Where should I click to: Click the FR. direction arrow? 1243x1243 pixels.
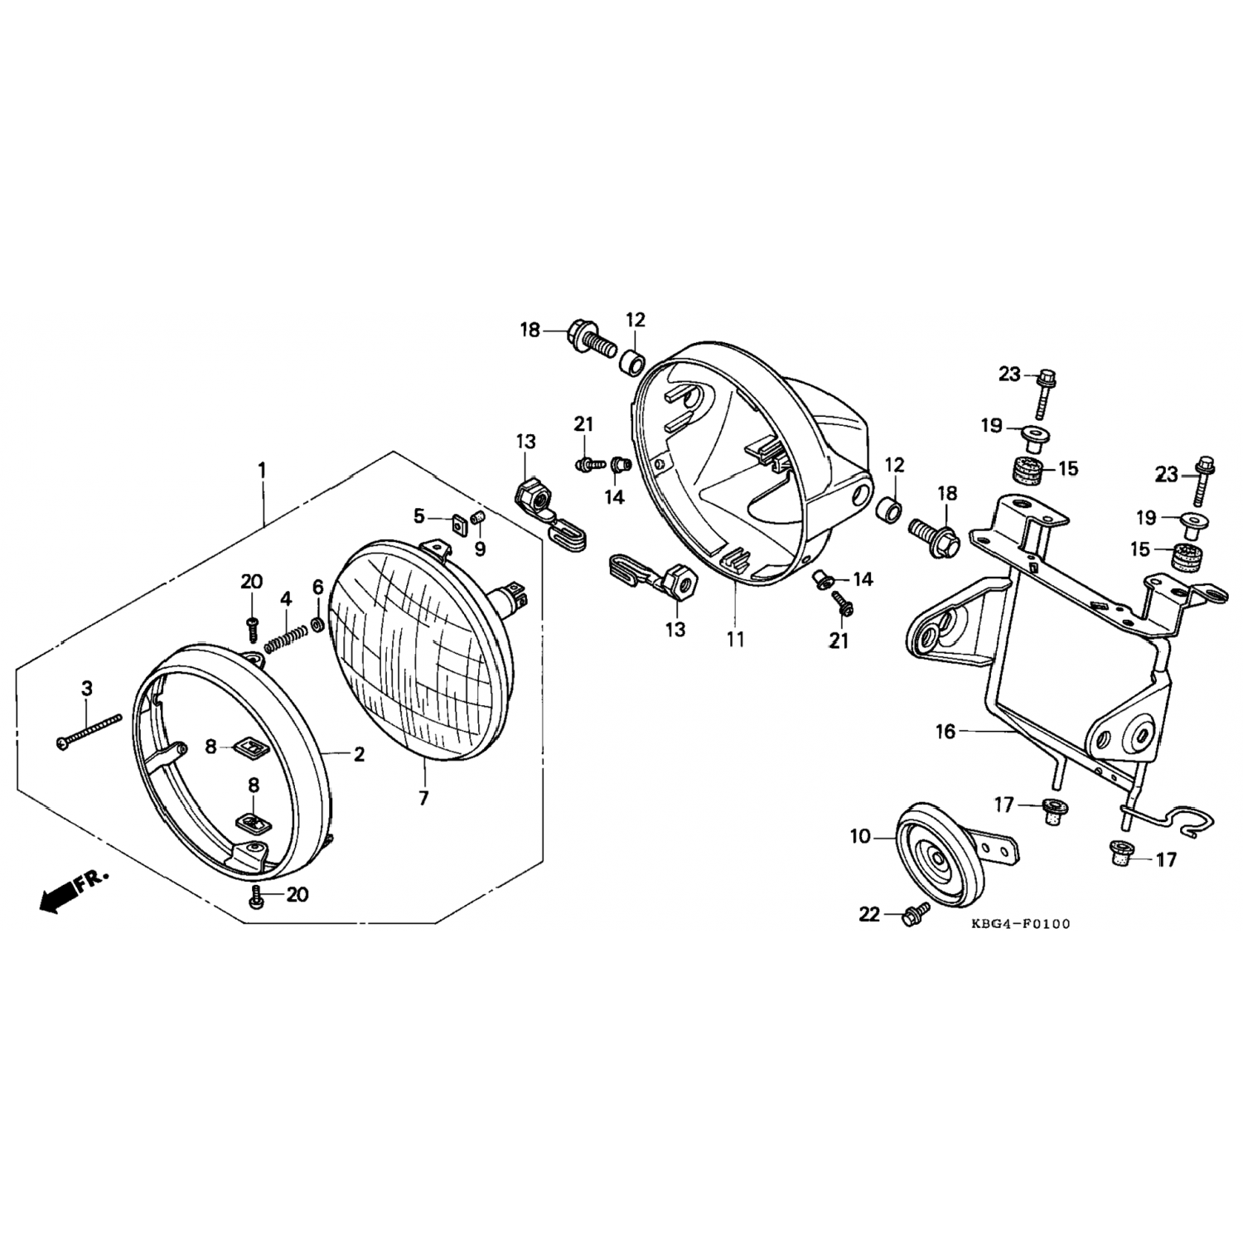[x=73, y=892]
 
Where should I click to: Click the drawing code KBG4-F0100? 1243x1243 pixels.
[x=1021, y=924]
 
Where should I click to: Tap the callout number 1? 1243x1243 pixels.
[x=263, y=471]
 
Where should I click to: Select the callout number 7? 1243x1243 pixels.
[x=423, y=798]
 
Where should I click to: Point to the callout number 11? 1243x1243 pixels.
[x=735, y=639]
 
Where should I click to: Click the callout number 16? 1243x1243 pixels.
[x=946, y=732]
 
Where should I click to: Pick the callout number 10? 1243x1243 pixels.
[x=861, y=837]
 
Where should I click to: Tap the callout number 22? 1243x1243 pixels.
[x=869, y=915]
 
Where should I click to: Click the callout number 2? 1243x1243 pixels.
[x=359, y=754]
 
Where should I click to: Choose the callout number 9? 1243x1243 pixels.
[x=480, y=549]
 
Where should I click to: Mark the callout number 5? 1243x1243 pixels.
[x=418, y=516]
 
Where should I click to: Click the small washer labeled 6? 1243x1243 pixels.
[x=318, y=623]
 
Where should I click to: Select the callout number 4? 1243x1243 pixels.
[x=285, y=598]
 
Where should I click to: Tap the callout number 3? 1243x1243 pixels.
[x=86, y=688]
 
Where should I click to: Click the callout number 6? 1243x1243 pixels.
[x=317, y=588]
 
